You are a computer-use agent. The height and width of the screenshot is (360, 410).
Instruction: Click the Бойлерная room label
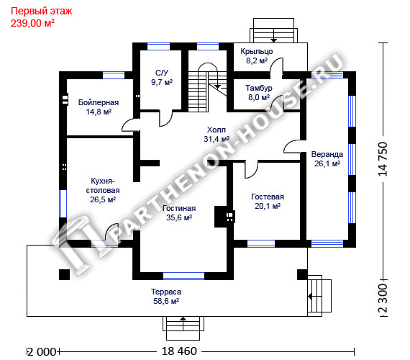point(99,107)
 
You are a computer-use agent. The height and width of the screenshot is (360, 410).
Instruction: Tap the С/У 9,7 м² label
point(162,78)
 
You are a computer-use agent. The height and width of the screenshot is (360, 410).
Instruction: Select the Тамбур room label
point(259,93)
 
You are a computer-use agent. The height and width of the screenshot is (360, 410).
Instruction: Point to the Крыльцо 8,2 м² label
point(257,55)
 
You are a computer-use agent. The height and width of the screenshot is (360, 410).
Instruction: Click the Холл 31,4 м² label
point(217,135)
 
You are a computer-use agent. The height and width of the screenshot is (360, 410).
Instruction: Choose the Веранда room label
point(327,159)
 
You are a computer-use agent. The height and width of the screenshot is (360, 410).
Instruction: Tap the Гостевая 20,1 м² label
point(268,202)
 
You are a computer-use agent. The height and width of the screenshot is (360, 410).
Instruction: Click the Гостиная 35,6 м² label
point(179,213)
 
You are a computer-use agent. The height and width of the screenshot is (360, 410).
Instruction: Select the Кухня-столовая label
point(103,190)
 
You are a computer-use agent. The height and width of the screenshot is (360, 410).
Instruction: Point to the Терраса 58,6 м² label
point(166,297)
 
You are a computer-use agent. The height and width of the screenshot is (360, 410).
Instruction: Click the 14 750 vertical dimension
point(383,159)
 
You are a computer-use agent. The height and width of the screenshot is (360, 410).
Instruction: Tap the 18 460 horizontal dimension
point(179,351)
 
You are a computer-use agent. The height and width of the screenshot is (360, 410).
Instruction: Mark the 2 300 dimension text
point(383,298)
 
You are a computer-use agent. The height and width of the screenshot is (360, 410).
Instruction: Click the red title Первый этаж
point(41,11)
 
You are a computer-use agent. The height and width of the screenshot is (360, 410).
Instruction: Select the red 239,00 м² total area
point(32,23)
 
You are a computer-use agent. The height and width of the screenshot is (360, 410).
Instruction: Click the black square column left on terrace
point(64,274)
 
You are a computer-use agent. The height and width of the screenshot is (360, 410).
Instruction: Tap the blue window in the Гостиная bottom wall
point(184,276)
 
